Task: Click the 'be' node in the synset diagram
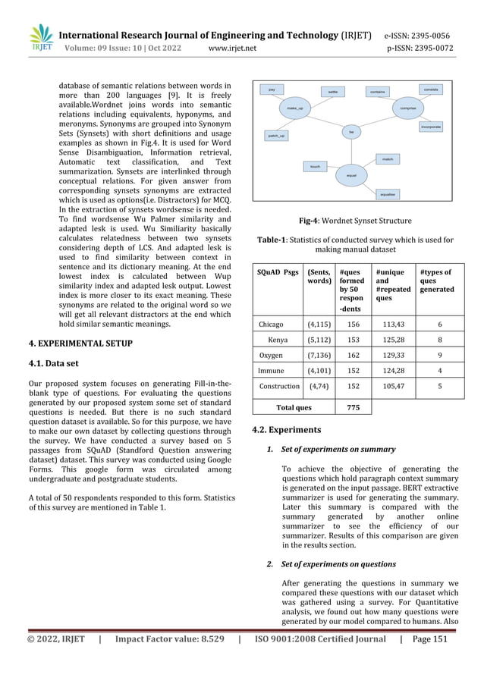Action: tap(350, 132)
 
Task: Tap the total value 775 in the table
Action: tap(353, 407)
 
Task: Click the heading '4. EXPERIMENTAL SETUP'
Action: tap(80, 344)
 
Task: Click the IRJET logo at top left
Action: tap(40, 39)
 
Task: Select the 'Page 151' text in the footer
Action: tap(429, 639)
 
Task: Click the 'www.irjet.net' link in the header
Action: tap(231, 49)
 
